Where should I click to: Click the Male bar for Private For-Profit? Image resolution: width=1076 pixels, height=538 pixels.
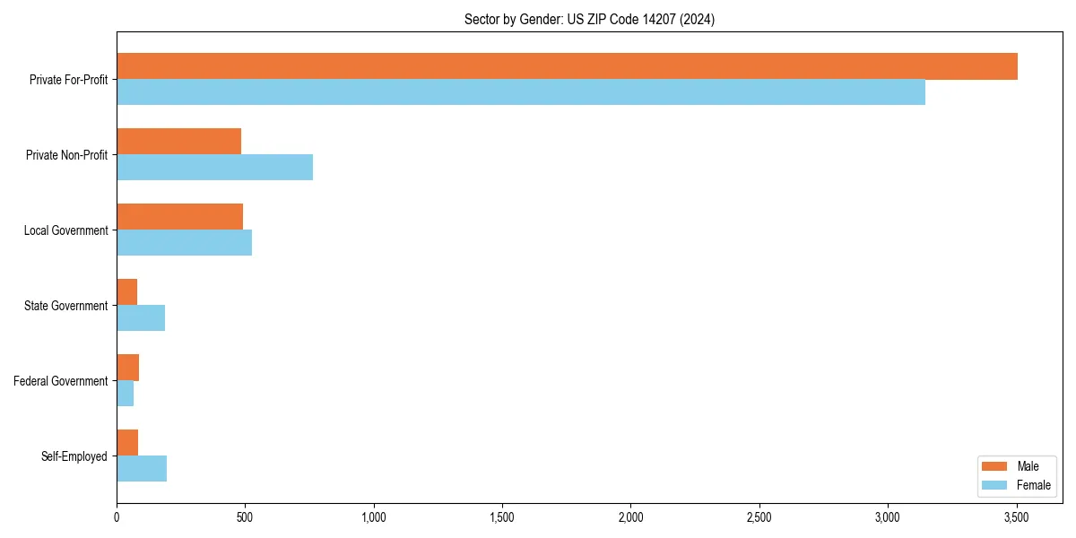pos(567,66)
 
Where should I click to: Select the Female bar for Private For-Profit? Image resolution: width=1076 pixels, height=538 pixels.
pos(521,92)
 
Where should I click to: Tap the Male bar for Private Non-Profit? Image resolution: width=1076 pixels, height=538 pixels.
pos(179,142)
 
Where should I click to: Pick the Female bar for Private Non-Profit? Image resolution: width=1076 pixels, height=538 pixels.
pos(215,168)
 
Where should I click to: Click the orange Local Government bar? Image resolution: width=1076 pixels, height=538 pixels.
pos(180,217)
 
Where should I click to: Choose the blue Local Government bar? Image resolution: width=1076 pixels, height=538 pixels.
pos(185,243)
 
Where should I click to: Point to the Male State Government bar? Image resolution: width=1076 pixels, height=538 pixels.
pos(127,292)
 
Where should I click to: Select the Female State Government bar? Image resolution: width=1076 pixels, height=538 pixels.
pos(141,318)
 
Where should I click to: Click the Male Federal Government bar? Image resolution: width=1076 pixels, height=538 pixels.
pos(128,368)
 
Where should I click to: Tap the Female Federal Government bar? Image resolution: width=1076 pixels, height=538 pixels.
pos(126,394)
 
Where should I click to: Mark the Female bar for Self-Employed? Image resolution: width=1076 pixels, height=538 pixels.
pos(142,469)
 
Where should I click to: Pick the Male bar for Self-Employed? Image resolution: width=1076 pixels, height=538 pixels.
pos(127,443)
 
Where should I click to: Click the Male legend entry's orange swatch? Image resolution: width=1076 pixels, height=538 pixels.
pos(995,467)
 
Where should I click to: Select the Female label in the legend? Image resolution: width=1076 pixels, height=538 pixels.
pos(1034,485)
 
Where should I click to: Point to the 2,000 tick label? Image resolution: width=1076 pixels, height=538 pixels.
pos(630,517)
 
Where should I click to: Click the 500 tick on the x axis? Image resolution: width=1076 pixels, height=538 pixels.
pos(245,517)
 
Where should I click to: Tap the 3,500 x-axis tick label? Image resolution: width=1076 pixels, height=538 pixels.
pos(1016,517)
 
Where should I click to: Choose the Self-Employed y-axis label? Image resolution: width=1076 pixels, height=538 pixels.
pos(74,456)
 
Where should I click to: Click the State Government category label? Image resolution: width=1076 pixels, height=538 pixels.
pos(66,306)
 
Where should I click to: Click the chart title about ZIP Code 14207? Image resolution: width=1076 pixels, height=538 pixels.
pos(589,19)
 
